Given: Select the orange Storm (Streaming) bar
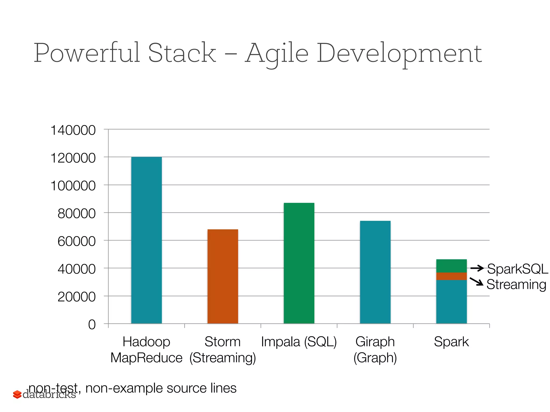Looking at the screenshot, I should tap(223, 276).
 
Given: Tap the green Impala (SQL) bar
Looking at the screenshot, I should tap(299, 263).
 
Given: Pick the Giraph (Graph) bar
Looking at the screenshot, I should tap(375, 272).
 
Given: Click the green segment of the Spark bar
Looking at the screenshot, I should tap(451, 266).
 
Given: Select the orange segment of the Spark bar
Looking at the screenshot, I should tap(451, 276).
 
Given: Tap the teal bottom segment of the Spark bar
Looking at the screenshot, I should tap(451, 302).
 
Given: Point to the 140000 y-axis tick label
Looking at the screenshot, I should tap(73, 130).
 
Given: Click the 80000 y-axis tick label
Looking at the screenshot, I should tap(77, 214).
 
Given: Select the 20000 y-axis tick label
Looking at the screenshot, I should tap(77, 297).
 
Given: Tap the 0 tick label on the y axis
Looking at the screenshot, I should tap(92, 325).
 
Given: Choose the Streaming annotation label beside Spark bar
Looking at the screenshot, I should tap(516, 284).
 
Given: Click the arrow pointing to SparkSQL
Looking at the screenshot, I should tap(477, 268).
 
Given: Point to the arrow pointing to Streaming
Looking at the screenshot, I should tap(476, 282).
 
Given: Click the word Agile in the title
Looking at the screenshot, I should tap(277, 54).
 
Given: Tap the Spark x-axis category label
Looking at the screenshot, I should tap(451, 342).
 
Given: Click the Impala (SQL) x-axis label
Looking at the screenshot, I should tap(299, 342).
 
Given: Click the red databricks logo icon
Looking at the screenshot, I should tap(17, 394).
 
